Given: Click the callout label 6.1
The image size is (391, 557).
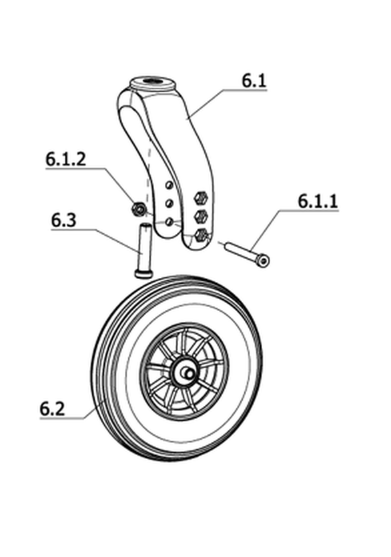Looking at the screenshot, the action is tap(254, 81).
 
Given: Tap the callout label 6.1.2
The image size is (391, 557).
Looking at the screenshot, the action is tap(66, 159).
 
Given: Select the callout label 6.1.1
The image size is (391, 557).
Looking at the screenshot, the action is tap(318, 201).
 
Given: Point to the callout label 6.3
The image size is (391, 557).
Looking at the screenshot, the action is tap(63, 221).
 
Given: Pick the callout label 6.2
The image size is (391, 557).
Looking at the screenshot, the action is tap(52, 408).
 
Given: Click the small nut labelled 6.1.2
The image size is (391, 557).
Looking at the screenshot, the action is tap(138, 209).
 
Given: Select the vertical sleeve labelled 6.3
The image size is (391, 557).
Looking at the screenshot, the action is tap(144, 250).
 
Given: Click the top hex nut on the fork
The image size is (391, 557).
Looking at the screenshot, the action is tap(201, 197).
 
